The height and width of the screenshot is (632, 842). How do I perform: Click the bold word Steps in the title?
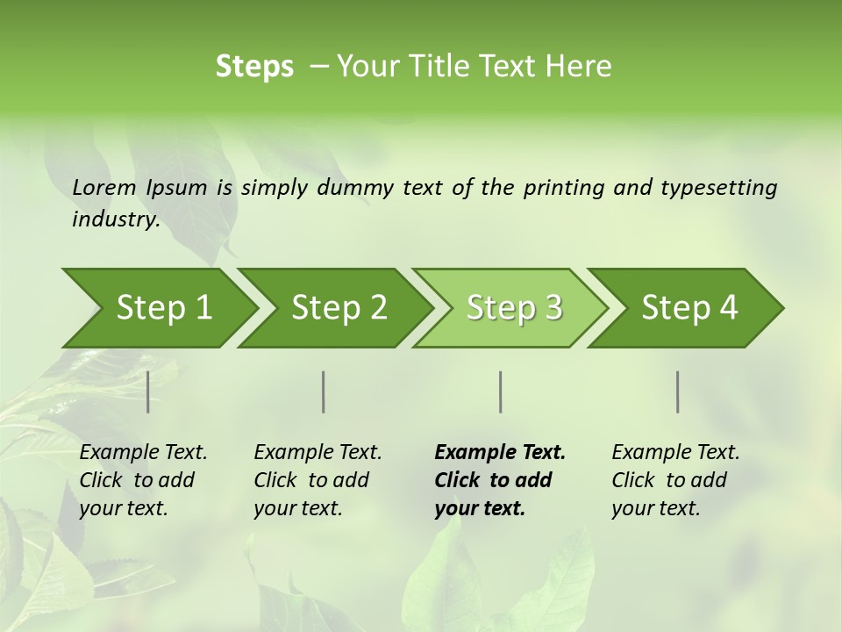[x=254, y=67]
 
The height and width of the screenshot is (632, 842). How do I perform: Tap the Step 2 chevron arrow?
[x=339, y=308]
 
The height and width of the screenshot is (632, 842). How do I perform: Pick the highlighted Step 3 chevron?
[x=514, y=308]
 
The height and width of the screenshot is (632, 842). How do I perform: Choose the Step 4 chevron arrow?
[x=689, y=308]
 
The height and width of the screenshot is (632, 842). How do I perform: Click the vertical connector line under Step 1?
[x=148, y=391]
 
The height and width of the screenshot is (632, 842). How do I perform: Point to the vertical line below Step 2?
[x=324, y=391]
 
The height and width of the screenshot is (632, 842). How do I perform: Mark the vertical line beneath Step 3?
[x=501, y=391]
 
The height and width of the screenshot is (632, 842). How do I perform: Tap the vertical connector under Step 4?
[x=678, y=391]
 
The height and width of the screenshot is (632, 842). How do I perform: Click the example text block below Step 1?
[x=143, y=480]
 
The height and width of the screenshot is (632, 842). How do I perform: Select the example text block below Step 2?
[x=318, y=480]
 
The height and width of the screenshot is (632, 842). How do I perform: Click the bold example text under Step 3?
[x=500, y=480]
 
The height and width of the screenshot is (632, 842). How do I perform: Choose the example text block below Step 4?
[x=675, y=480]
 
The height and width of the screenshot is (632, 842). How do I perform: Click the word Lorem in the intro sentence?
[x=104, y=187]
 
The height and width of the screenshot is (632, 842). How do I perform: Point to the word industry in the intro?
[x=115, y=219]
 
